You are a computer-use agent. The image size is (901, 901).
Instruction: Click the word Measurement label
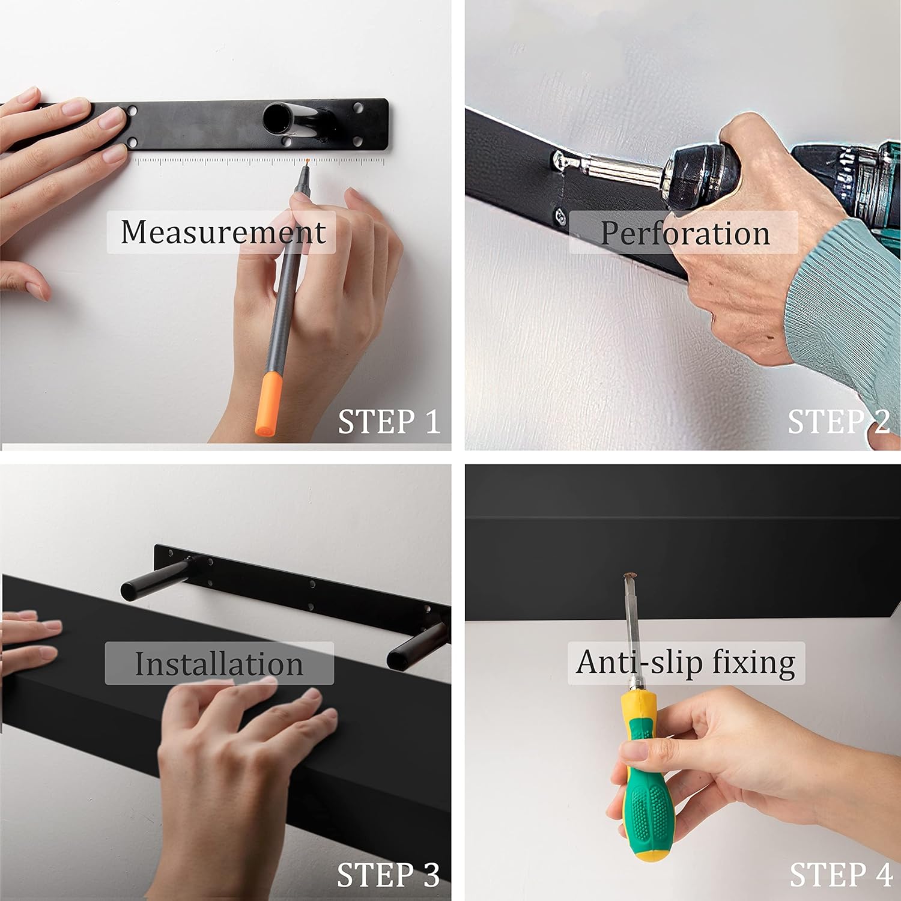pyautogui.click(x=222, y=232)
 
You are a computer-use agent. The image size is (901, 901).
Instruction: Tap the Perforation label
pyautogui.click(x=685, y=233)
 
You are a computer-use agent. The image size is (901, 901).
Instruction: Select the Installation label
pyautogui.click(x=219, y=664)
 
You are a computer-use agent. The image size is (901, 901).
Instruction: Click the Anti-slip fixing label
pyautogui.click(x=686, y=663)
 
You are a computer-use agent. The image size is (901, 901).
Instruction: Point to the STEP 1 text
pyautogui.click(x=389, y=422)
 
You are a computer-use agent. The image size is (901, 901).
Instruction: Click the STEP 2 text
pyautogui.click(x=839, y=422)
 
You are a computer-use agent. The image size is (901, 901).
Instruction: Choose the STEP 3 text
pyautogui.click(x=388, y=875)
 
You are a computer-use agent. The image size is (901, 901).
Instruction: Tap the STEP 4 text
pyautogui.click(x=840, y=875)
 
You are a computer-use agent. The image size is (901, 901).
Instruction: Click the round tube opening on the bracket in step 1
pyautogui.click(x=277, y=118)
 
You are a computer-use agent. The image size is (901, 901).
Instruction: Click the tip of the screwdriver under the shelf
pyautogui.click(x=630, y=577)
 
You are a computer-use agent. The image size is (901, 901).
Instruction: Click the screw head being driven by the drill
pyautogui.click(x=560, y=160)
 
